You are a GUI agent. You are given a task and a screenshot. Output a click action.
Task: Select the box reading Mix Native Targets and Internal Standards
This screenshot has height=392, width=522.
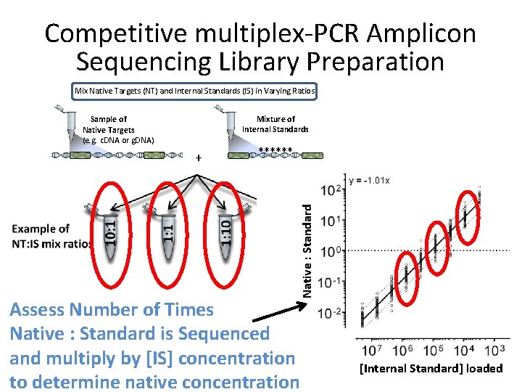point(194,91)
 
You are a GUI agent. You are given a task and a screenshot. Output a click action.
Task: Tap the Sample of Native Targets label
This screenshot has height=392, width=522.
point(109,129)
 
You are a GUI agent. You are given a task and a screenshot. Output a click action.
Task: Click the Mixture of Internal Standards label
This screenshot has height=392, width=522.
point(275,124)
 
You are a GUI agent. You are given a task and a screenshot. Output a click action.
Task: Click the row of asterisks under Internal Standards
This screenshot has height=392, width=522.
point(275,151)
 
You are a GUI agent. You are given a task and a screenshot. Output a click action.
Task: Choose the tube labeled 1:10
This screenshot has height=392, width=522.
point(227,229)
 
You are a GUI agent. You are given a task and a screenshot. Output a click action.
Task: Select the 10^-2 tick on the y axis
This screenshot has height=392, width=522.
point(331,312)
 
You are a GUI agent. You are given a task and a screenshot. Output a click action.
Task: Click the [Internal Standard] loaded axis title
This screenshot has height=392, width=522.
point(431,368)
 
